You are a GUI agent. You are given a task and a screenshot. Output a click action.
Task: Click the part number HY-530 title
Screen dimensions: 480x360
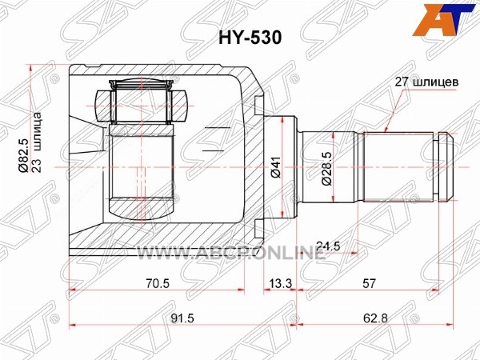point(250,38)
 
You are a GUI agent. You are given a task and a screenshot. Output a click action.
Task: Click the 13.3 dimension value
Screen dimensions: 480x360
point(280,283)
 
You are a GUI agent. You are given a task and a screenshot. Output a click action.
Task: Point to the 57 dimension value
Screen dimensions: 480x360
point(369,283)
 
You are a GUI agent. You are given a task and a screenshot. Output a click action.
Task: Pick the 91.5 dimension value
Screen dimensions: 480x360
point(182,318)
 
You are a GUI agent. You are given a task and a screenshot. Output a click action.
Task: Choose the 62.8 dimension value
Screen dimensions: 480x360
point(375,318)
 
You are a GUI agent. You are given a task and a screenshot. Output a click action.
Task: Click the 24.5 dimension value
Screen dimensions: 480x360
point(328,246)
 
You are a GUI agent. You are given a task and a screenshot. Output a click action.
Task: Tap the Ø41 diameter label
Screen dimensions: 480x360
point(275,168)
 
